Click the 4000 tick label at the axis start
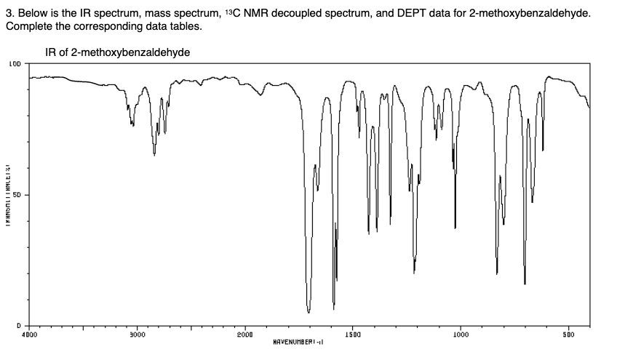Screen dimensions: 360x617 click(29, 334)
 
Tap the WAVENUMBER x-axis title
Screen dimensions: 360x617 click(297, 340)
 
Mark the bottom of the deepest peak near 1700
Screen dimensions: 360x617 click(308, 312)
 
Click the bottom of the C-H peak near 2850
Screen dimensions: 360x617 click(154, 154)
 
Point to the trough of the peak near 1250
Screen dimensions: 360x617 click(414, 273)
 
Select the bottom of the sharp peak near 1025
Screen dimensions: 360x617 click(455, 228)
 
